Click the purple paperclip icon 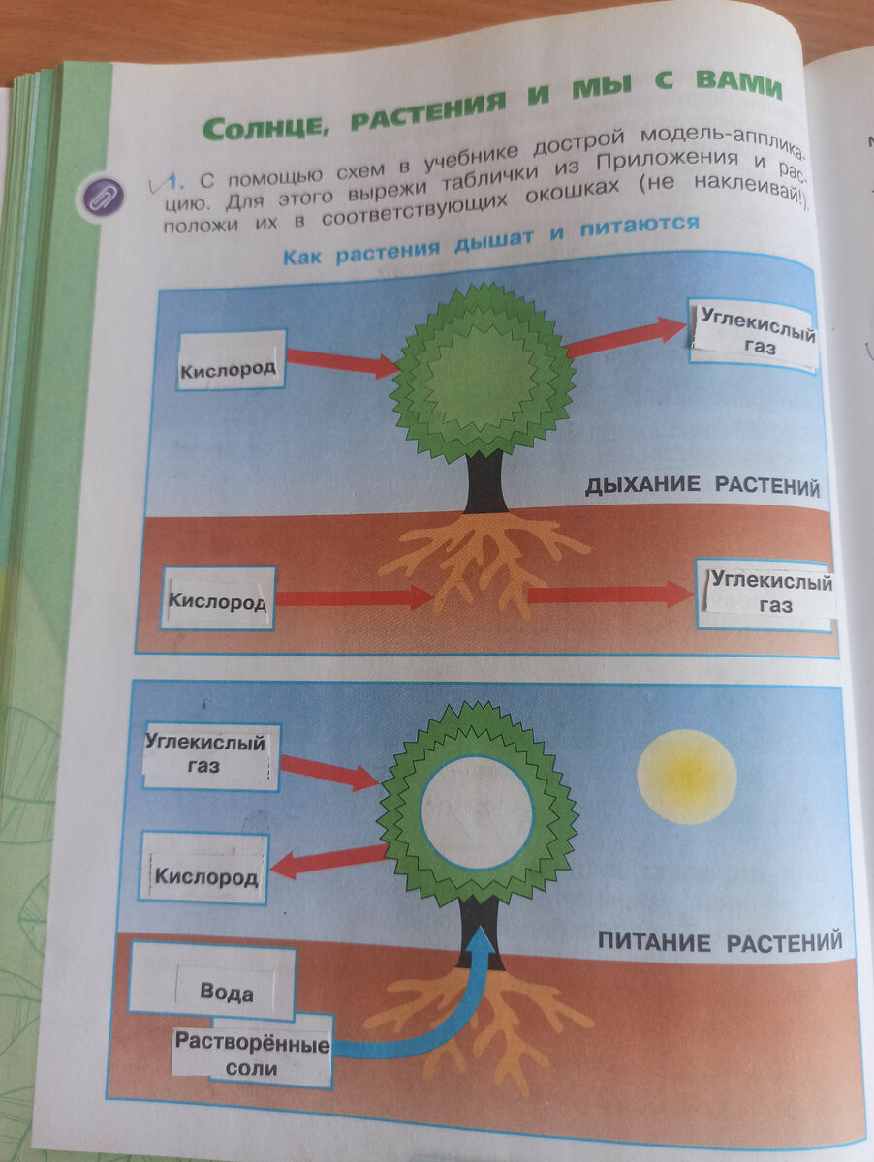[103, 198]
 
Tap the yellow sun [686, 776]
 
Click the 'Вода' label [227, 992]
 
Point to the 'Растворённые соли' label [253, 1056]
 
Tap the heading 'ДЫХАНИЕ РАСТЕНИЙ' [702, 486]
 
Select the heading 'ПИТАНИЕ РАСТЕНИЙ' [718, 941]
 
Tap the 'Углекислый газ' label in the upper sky [755, 334]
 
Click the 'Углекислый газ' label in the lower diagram [206, 755]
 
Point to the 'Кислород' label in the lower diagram [207, 877]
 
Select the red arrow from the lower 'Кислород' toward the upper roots [354, 597]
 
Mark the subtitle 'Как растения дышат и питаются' [490, 241]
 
